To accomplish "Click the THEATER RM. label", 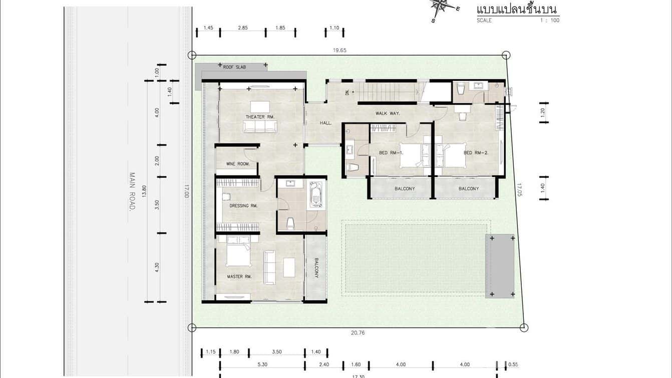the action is coord(260,117).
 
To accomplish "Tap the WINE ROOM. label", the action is coord(238,164).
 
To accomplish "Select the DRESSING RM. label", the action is coord(243,206).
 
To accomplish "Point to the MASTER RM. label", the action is coord(239,277).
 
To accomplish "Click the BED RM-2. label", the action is coord(476,153).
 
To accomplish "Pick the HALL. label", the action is coord(326,123).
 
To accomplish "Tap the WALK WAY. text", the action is coord(388,113).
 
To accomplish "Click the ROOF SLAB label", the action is coord(235,67).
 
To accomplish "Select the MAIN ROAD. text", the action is coord(132,192).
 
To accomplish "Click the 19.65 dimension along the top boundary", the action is coord(340,50).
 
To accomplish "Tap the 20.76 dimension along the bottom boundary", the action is coord(358,333).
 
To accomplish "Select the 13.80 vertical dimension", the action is coord(144,191).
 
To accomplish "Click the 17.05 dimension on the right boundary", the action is coord(519,190).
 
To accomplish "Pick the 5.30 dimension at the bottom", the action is coord(262,364).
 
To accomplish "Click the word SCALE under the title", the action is coord(484,21).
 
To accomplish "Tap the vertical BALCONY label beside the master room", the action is coord(316,268).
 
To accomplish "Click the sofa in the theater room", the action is coord(260,126).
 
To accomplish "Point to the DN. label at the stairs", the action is coord(348,92).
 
